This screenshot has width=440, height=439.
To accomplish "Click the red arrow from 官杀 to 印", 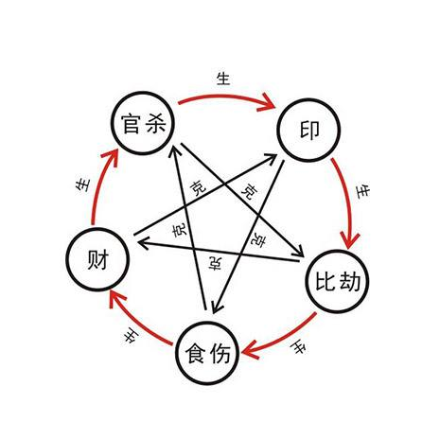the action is tap(225, 96).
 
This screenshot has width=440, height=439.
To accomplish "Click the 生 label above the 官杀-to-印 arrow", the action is tap(223, 79).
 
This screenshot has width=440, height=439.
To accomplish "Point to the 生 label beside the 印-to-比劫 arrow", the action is tap(362, 191).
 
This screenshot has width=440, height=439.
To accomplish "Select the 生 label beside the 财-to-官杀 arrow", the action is tap(83, 185).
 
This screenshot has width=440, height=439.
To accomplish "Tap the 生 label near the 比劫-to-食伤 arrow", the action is tap(299, 348).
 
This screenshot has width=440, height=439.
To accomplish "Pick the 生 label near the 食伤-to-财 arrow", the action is tap(131, 337).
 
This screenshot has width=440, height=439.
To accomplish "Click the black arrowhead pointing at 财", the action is tap(143, 243).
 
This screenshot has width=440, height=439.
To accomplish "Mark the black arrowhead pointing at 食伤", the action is tap(216, 307).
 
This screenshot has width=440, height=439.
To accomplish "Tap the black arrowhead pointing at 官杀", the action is tap(175, 150).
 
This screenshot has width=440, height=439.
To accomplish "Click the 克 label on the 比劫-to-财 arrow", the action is tap(215, 263).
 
